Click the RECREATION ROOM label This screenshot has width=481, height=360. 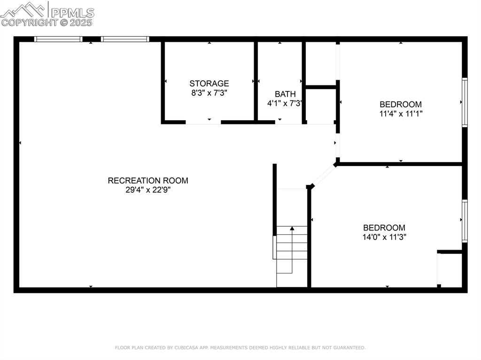point(148,181)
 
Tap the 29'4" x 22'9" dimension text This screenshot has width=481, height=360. point(148,190)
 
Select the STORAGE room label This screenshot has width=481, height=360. point(209,84)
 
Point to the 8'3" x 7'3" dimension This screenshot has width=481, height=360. point(209,93)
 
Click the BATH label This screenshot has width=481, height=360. point(285,94)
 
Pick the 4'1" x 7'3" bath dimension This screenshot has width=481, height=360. point(285,103)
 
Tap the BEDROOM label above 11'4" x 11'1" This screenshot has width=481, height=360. point(401,104)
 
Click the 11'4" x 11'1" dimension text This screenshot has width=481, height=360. point(401,114)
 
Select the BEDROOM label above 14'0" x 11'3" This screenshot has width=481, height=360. point(384,228)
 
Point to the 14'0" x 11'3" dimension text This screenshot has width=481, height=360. point(384,237)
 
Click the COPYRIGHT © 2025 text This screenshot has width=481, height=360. point(47,22)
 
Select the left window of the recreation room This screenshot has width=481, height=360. point(58,39)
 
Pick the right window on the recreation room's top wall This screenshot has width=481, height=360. point(125,39)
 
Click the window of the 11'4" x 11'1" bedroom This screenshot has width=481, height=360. point(465,102)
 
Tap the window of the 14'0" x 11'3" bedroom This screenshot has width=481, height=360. point(465,221)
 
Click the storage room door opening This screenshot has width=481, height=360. point(203,123)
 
